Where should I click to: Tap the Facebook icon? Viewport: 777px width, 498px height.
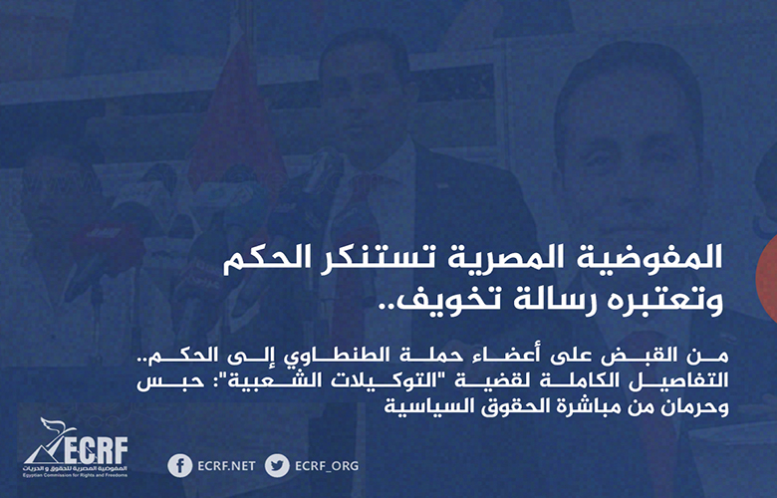(x=180, y=466)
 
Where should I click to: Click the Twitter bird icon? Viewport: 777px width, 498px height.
(x=277, y=466)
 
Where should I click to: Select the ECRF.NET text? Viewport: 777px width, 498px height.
(x=226, y=466)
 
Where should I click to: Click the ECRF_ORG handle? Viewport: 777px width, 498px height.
(x=327, y=466)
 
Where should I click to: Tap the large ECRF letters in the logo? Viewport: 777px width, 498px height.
(x=96, y=451)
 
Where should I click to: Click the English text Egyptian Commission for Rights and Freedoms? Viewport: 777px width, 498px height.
(x=75, y=476)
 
